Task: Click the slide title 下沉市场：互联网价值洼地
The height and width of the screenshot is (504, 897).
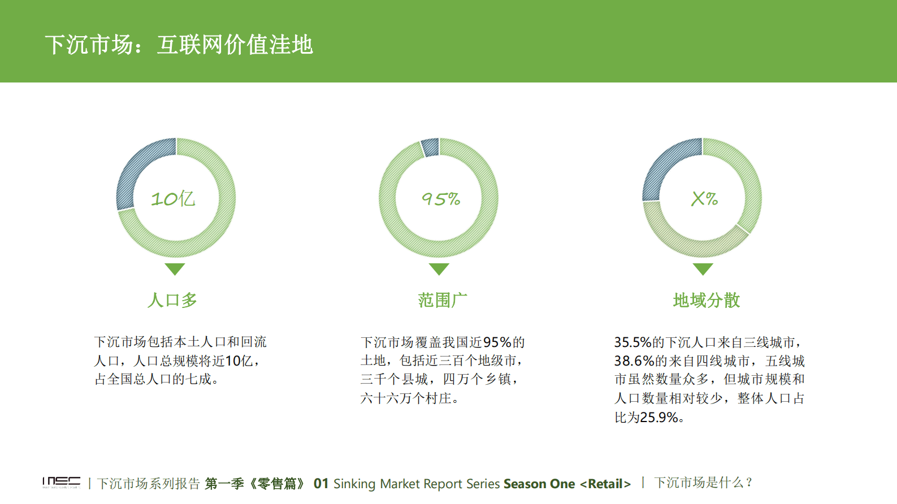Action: point(179,44)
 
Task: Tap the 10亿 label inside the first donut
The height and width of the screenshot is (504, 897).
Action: point(173,199)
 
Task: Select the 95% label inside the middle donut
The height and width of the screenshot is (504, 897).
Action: point(440,199)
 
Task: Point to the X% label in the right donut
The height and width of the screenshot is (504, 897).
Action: point(704,199)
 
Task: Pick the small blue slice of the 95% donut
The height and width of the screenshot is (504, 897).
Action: point(431,147)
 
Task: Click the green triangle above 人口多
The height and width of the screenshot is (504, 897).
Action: point(175,268)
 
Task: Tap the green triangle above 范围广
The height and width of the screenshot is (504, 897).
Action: point(439,268)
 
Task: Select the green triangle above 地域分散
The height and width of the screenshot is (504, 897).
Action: point(703,268)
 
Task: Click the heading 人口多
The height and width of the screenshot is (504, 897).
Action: point(172,300)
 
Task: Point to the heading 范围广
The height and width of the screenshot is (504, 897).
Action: point(443,300)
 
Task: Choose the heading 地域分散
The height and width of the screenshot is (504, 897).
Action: point(707,300)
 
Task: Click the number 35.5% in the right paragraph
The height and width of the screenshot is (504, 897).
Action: point(633,342)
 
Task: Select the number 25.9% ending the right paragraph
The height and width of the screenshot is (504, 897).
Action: point(658,418)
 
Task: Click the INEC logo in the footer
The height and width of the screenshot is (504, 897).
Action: point(61,483)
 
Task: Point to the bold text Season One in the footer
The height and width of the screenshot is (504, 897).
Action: point(539,484)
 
